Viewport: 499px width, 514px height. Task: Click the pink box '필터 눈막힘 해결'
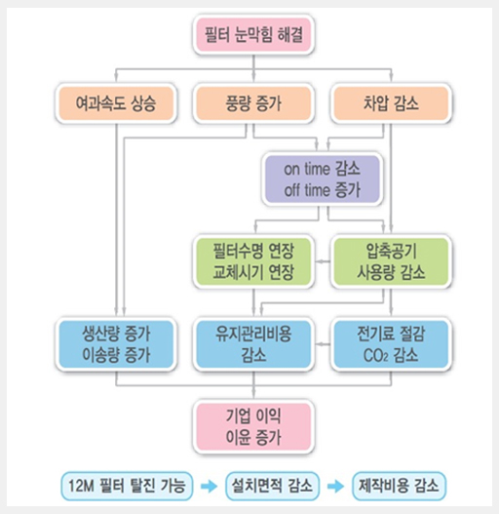tap(253, 34)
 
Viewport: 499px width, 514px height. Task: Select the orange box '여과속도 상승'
tap(116, 103)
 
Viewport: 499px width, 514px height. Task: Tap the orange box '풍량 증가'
tap(253, 103)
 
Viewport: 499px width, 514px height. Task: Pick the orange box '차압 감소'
tap(391, 103)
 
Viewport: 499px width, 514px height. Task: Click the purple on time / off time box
tap(323, 179)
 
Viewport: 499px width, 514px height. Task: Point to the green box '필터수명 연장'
tap(253, 261)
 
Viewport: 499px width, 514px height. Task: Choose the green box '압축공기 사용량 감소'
tap(391, 261)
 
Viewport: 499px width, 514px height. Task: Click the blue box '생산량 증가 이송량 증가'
tap(116, 344)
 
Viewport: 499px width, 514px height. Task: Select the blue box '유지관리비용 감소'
tap(253, 344)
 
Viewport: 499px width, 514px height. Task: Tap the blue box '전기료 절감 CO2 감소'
tap(391, 344)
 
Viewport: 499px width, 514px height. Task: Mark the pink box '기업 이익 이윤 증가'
tap(253, 426)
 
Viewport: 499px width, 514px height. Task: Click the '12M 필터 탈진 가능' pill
tap(127, 486)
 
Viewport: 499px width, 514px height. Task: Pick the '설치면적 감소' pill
tap(272, 486)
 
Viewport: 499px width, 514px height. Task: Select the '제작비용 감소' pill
tap(399, 486)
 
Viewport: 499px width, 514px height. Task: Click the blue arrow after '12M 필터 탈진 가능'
tap(209, 486)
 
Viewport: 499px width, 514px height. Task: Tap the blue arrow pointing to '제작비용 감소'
tap(335, 486)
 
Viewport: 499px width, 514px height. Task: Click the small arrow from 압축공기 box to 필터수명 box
tap(323, 261)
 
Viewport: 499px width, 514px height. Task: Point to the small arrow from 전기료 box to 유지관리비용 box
tap(323, 344)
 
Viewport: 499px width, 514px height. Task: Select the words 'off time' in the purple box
tap(303, 190)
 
